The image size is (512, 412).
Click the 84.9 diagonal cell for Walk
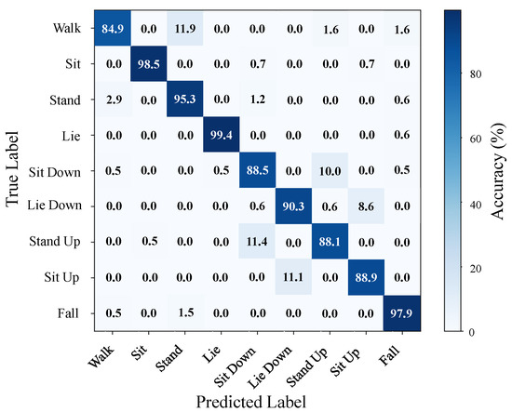(x=113, y=29)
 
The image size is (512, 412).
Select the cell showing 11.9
(x=185, y=29)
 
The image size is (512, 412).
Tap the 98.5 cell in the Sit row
(x=149, y=64)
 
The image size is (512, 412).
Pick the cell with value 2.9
(x=113, y=100)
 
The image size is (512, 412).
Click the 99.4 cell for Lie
(x=221, y=135)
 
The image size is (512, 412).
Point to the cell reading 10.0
(x=330, y=170)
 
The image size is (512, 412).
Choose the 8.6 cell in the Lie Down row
(x=366, y=206)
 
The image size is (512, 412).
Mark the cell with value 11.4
(x=257, y=242)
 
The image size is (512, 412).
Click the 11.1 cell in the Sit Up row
(x=293, y=277)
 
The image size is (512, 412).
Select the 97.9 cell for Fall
(x=402, y=313)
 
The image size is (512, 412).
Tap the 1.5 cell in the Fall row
(x=185, y=313)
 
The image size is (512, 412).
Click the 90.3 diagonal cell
(x=293, y=206)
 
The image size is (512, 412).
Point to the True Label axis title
(x=12, y=169)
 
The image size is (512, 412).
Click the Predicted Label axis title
(x=250, y=402)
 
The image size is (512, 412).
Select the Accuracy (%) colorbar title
(x=497, y=171)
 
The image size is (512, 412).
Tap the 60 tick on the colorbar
(x=476, y=139)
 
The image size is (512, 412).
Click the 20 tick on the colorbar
(x=476, y=268)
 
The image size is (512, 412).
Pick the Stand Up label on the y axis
(x=55, y=242)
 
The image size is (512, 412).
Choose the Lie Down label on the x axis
(x=269, y=367)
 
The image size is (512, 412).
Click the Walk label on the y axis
(x=67, y=28)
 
